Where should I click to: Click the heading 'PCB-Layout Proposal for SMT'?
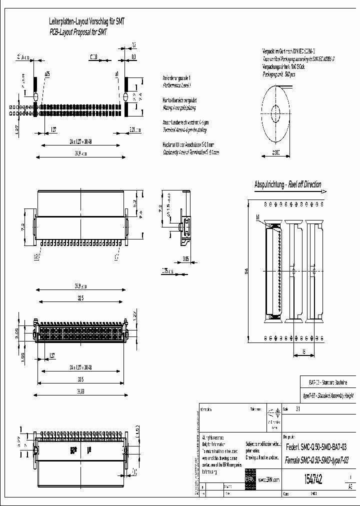(78, 31)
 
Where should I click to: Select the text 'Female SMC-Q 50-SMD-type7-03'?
(316, 460)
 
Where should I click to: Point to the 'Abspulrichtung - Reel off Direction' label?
(287, 184)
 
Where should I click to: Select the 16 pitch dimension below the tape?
(303, 351)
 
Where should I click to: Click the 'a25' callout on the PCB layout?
(47, 74)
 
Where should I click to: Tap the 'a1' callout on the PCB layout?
(116, 74)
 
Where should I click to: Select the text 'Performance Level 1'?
(177, 85)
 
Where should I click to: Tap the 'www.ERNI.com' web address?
(268, 479)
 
